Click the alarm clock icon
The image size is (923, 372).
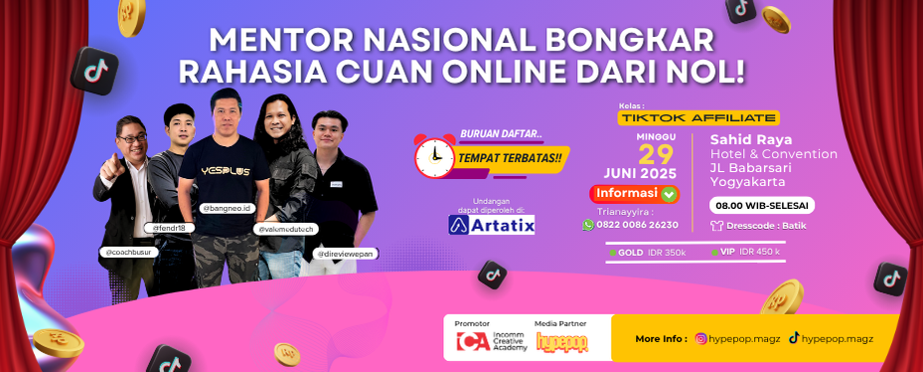pos(435,154)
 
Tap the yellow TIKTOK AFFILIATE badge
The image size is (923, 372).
pos(685,116)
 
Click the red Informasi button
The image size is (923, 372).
pos(635,194)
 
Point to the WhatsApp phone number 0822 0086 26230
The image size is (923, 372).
pos(644,225)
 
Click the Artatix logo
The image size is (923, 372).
pos(492,224)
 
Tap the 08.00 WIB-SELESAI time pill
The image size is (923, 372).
pos(762,205)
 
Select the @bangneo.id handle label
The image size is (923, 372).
pos(227,209)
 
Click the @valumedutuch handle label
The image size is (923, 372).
pos(284,228)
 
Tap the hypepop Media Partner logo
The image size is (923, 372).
pos(561,344)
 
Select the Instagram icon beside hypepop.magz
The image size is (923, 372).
pos(701,338)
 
